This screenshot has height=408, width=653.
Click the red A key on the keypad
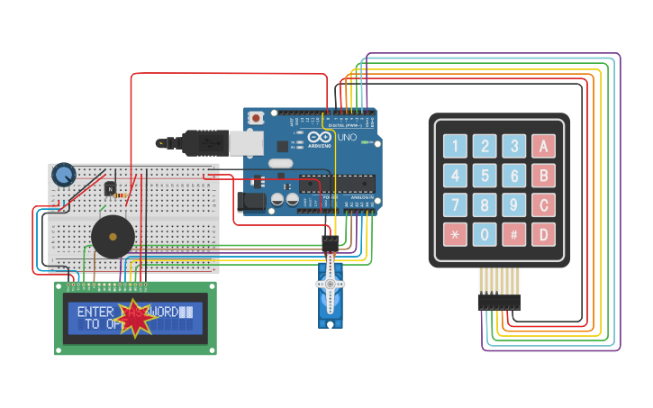pyautogui.click(x=543, y=146)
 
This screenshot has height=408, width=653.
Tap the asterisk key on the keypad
pyautogui.click(x=456, y=235)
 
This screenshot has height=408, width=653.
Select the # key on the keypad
pyautogui.click(x=513, y=235)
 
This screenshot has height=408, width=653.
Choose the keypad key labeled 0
pyautogui.click(x=485, y=235)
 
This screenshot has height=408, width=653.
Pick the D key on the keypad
pyautogui.click(x=543, y=235)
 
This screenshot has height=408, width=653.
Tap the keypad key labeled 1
pyautogui.click(x=456, y=146)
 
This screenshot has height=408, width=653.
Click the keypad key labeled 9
pyautogui.click(x=513, y=205)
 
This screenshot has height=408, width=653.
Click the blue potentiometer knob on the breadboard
pyautogui.click(x=63, y=174)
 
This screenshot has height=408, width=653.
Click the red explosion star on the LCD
pyautogui.click(x=136, y=318)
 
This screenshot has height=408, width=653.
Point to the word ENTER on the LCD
pyautogui.click(x=95, y=312)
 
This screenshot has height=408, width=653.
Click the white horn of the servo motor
pyautogui.click(x=331, y=283)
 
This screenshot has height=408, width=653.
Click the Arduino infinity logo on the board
pyautogui.click(x=318, y=138)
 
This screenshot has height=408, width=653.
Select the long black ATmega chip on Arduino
pyautogui.click(x=338, y=184)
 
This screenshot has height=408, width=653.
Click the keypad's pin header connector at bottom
pyautogui.click(x=499, y=301)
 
